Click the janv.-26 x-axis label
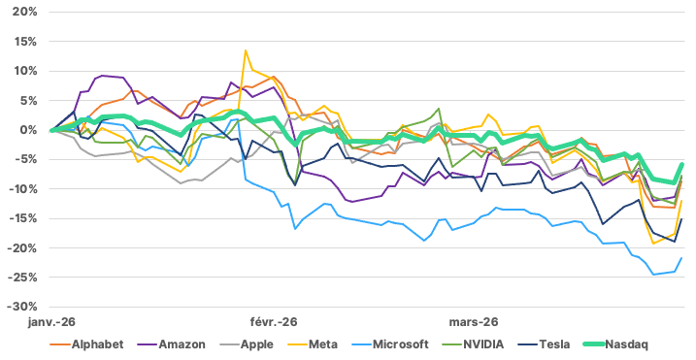51,322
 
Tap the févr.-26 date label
274,322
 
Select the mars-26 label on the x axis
474,322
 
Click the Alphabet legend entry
86,344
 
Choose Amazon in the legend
171,344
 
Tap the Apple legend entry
247,344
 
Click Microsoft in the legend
389,344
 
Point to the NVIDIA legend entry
473,344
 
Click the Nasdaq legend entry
615,344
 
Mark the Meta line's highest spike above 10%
246,50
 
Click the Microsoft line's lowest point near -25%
653,275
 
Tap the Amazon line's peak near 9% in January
102,76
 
